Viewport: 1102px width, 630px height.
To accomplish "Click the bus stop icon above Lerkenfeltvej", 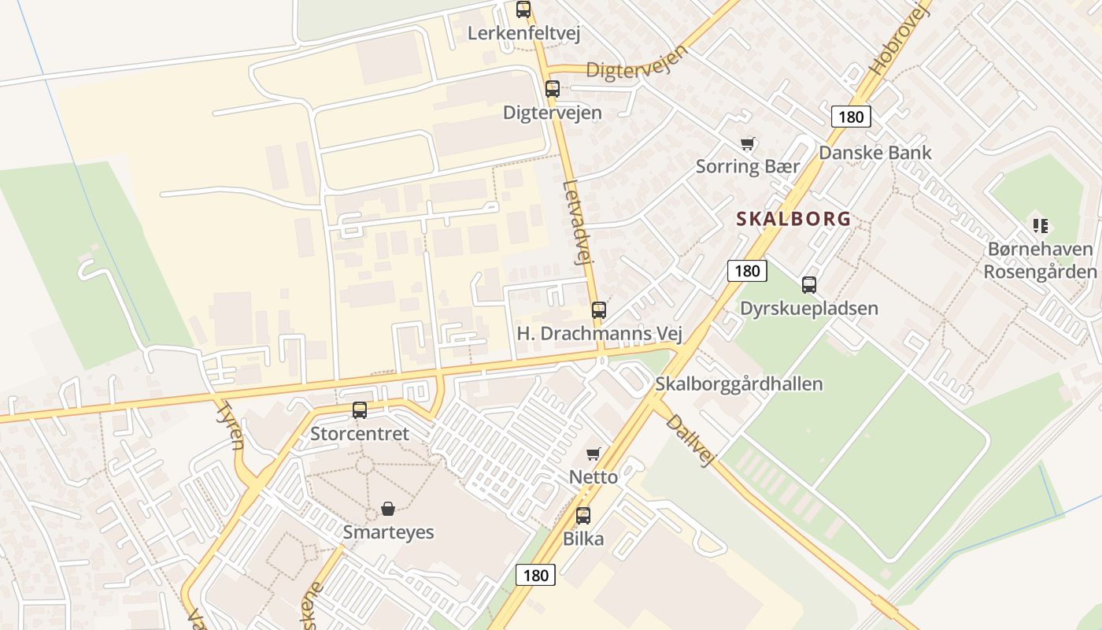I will [x=523, y=9].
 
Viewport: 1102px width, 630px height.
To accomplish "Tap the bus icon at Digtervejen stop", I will [x=553, y=89].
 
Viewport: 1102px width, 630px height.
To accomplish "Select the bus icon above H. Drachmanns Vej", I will [x=599, y=310].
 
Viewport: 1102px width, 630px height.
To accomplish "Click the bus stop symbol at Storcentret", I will [x=360, y=410].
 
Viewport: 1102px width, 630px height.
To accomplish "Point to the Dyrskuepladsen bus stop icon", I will [x=809, y=285].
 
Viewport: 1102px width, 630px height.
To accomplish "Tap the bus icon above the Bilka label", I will [x=583, y=516].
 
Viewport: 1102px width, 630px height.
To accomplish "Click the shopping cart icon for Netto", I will [x=594, y=454].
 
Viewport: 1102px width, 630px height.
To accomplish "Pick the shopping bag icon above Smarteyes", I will [x=388, y=509].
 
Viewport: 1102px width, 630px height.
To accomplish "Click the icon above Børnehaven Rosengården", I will [x=1041, y=226].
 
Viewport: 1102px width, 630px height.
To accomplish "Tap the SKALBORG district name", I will [x=793, y=219].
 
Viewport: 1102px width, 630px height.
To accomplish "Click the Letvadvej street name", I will [x=577, y=224].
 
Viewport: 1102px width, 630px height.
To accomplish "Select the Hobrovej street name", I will [x=900, y=39].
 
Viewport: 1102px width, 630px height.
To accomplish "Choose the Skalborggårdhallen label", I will [x=739, y=384].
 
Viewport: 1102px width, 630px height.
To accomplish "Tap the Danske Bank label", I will [x=875, y=153].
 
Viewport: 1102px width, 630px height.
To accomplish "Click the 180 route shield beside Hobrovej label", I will [x=851, y=117].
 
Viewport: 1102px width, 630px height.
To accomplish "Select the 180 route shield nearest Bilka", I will [x=536, y=575].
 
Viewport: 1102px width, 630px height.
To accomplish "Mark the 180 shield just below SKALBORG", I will [x=747, y=272].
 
